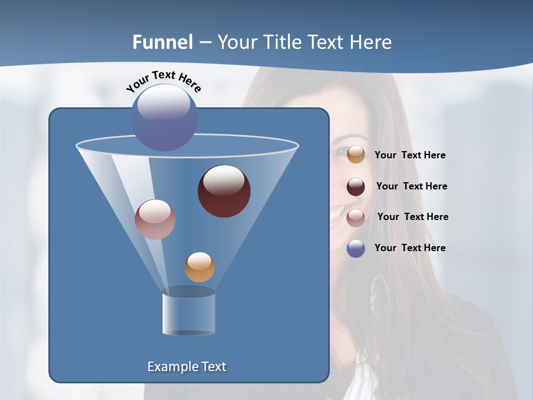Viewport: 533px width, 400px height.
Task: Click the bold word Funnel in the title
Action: [x=162, y=42]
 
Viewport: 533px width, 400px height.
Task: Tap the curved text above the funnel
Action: [x=164, y=81]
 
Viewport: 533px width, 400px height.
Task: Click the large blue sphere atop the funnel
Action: [x=164, y=118]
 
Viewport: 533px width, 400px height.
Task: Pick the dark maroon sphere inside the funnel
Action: [x=224, y=191]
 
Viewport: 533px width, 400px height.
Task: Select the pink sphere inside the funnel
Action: [x=155, y=219]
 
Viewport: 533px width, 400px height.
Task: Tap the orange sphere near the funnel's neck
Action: [x=199, y=267]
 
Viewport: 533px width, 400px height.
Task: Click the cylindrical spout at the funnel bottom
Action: [x=189, y=314]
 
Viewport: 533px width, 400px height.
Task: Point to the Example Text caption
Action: [x=187, y=367]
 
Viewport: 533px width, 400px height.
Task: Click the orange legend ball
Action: [x=356, y=155]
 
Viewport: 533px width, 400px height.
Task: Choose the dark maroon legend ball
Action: [x=356, y=187]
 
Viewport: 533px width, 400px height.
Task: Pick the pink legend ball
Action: [x=356, y=217]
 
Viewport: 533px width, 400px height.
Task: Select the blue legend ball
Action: [x=356, y=248]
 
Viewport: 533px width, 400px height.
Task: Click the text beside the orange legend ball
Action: [x=410, y=156]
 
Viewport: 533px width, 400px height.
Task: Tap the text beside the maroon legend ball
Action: [x=411, y=187]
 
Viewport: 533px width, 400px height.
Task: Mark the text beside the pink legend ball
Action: [x=413, y=217]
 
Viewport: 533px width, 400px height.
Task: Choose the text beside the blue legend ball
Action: [x=410, y=248]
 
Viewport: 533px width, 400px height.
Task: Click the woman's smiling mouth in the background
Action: [x=338, y=213]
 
